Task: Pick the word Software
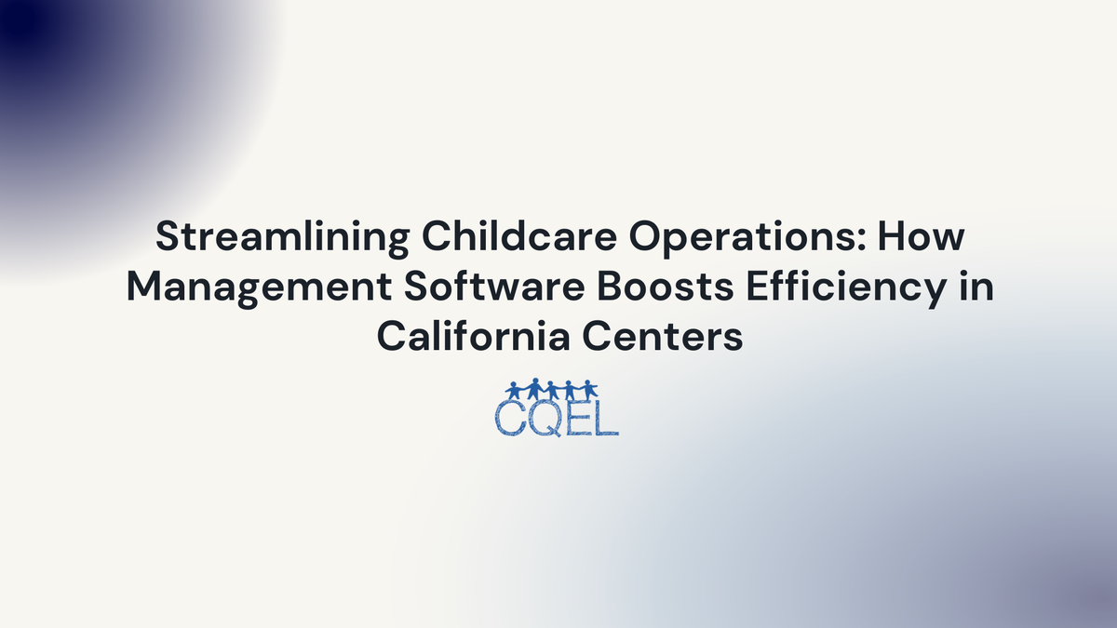tap(484, 287)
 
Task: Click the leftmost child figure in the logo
tap(514, 389)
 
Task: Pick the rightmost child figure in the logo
tap(590, 389)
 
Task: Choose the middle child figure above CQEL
tap(552, 389)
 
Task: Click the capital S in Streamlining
tap(167, 239)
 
